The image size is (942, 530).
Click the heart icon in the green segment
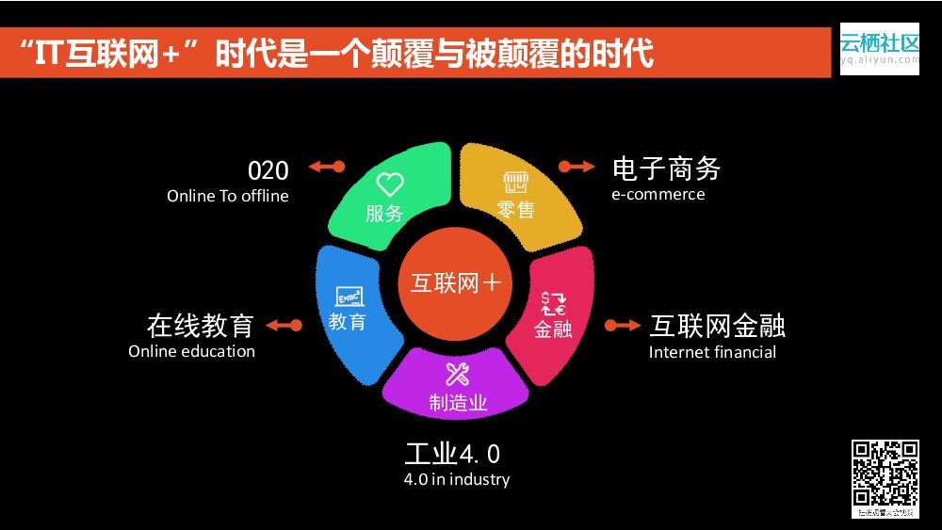pyautogui.click(x=389, y=184)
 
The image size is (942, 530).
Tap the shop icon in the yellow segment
pyautogui.click(x=515, y=182)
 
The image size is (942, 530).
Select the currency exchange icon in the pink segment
pyautogui.click(x=552, y=303)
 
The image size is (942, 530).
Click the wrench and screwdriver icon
pyautogui.click(x=458, y=374)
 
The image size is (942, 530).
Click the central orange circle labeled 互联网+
pyautogui.click(x=456, y=283)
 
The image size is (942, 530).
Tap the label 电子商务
pyautogui.click(x=666, y=169)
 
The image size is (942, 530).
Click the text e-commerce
pyautogui.click(x=658, y=194)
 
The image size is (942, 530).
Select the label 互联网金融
pyautogui.click(x=718, y=326)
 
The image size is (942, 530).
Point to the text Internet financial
pyautogui.click(x=712, y=352)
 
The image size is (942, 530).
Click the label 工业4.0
pyautogui.click(x=452, y=454)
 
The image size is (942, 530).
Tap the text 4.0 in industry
pyautogui.click(x=456, y=479)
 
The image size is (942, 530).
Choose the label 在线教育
pyautogui.click(x=201, y=326)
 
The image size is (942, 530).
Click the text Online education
pyautogui.click(x=191, y=351)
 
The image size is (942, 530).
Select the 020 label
pyautogui.click(x=268, y=170)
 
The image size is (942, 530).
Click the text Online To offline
pyautogui.click(x=228, y=196)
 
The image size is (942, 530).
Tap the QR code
pyautogui.click(x=885, y=474)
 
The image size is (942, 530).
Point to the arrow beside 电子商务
pyautogui.click(x=577, y=167)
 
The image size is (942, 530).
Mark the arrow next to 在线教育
pyautogui.click(x=284, y=326)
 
